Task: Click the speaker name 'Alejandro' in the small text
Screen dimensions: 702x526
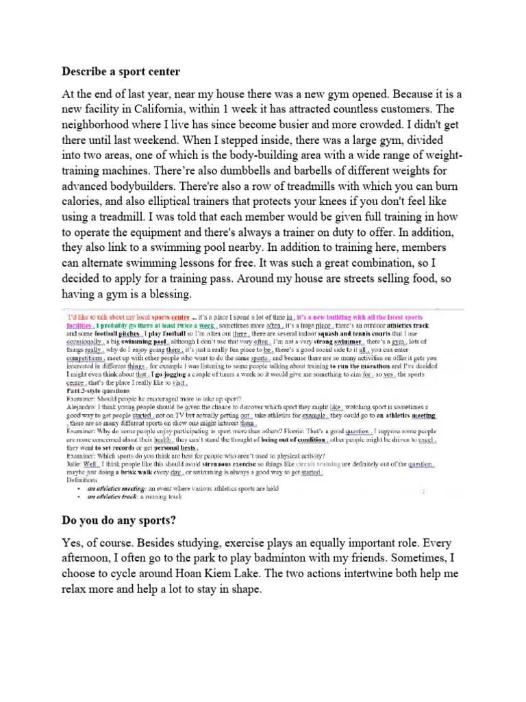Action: (x=82, y=406)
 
